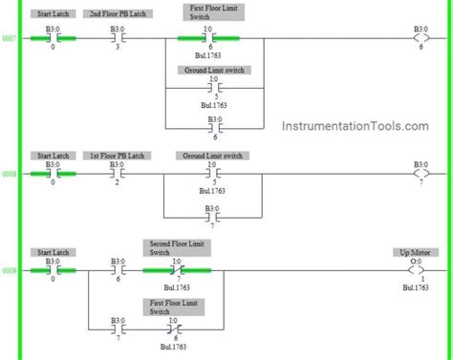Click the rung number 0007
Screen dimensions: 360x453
[x=9, y=40]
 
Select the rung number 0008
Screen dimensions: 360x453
[x=9, y=175]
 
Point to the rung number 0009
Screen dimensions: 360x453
[x=9, y=270]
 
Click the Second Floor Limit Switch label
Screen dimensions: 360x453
[x=174, y=247]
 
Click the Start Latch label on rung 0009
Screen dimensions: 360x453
[x=52, y=252]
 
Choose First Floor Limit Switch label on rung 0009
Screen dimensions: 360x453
[x=174, y=306]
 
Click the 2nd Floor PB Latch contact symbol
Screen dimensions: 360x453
[x=117, y=40]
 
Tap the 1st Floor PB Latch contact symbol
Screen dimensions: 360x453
[x=117, y=175]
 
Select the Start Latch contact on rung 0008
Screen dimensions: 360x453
[x=52, y=175]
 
